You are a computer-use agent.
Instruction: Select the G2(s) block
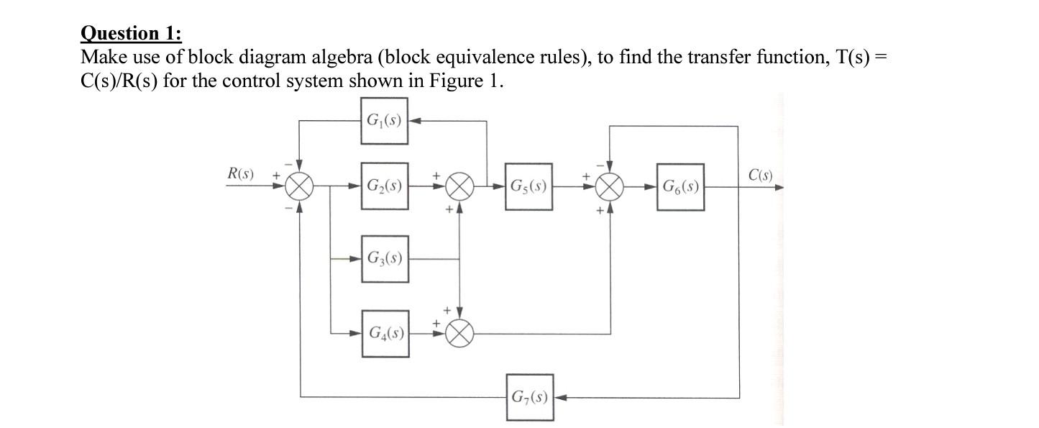[385, 186]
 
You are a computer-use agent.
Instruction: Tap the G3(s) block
[385, 258]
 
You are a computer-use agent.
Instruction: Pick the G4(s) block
[385, 333]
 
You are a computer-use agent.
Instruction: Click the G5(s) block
[528, 186]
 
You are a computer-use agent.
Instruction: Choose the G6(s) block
[680, 186]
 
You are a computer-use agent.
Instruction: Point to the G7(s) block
[529, 396]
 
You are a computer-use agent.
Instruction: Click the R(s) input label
[240, 173]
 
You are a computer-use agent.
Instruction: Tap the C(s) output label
[760, 175]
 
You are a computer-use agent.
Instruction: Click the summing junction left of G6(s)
[610, 187]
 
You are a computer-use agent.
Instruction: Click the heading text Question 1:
[132, 33]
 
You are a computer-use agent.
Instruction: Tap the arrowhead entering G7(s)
[559, 396]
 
